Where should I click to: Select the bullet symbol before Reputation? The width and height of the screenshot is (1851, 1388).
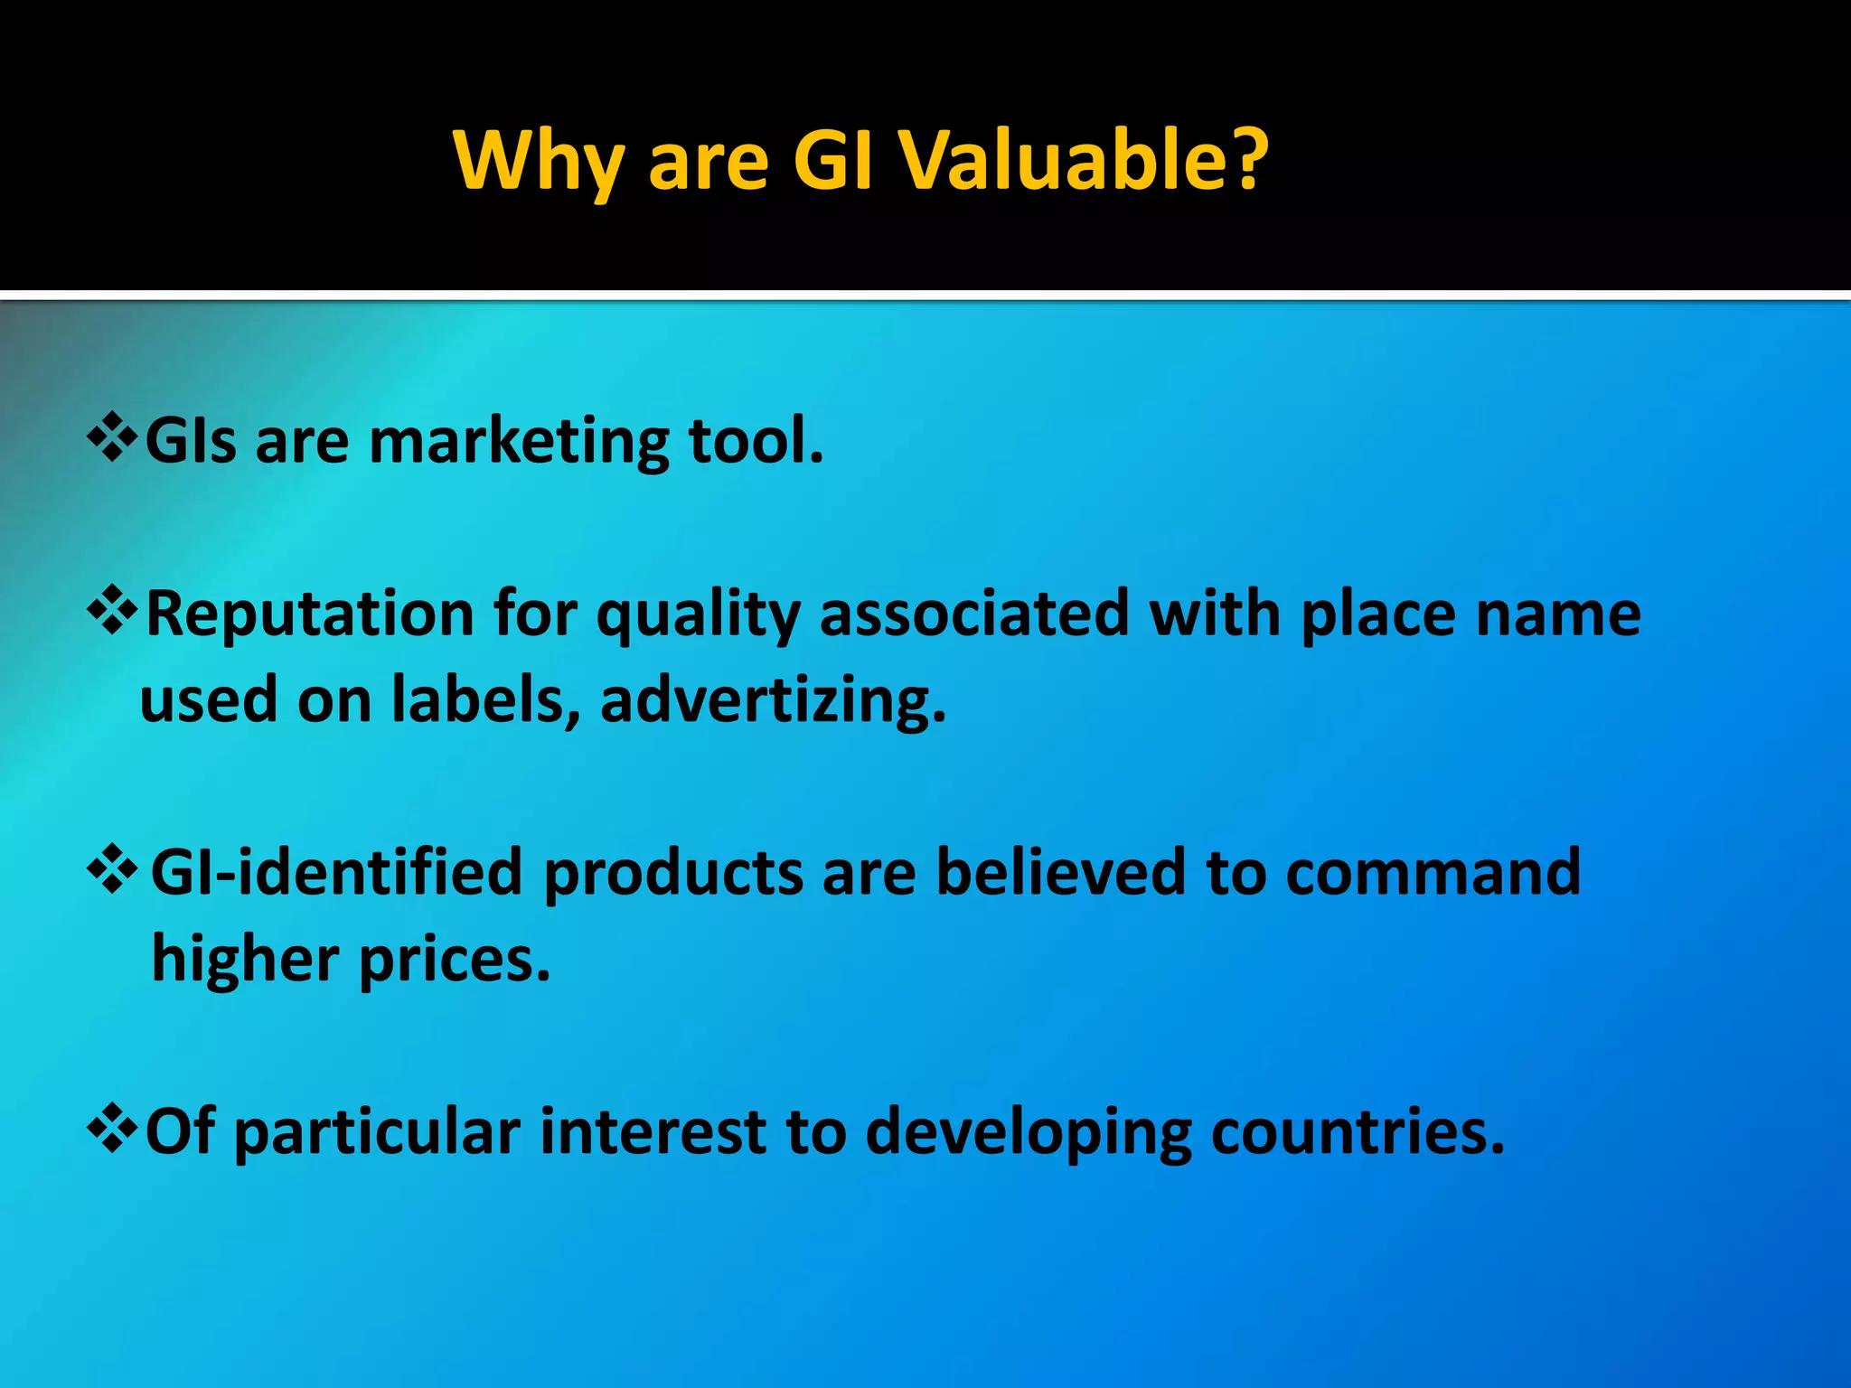pyautogui.click(x=112, y=612)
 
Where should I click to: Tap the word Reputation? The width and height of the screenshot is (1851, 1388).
pyautogui.click(x=310, y=614)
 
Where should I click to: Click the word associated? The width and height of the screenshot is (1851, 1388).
pyautogui.click(x=974, y=614)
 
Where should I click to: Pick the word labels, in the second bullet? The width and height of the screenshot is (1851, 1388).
pyautogui.click(x=487, y=700)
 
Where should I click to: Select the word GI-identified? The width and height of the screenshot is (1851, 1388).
pyautogui.click(x=336, y=873)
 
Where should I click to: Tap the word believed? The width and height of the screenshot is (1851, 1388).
pyautogui.click(x=1060, y=873)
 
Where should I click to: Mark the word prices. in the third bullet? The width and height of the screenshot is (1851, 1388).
pyautogui.click(x=455, y=960)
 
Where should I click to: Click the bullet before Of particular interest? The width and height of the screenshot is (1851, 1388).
pyautogui.click(x=112, y=1130)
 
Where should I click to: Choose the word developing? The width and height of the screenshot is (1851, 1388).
pyautogui.click(x=1029, y=1133)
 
